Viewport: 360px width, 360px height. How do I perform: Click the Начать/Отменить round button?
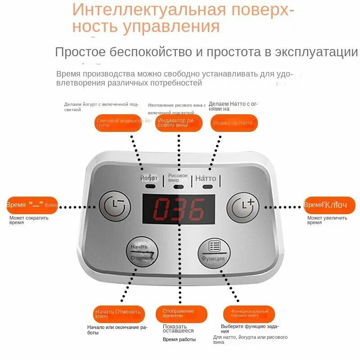pyautogui.click(x=142, y=252)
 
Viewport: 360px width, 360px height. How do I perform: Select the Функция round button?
pyautogui.click(x=214, y=252)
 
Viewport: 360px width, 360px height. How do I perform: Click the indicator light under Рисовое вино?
pyautogui.click(x=178, y=186)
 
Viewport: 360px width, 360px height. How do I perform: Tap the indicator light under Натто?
pyautogui.click(x=207, y=186)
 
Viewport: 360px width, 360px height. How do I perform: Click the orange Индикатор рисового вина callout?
pyautogui.click(x=179, y=123)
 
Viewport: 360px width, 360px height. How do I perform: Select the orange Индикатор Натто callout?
pyautogui.click(x=234, y=123)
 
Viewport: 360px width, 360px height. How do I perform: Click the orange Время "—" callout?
pyautogui.click(x=31, y=205)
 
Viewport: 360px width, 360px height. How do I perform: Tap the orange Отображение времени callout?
pyautogui.click(x=181, y=314)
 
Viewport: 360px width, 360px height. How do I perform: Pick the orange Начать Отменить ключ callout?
pyautogui.click(x=119, y=314)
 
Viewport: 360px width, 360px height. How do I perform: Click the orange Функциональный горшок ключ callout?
pyautogui.click(x=249, y=314)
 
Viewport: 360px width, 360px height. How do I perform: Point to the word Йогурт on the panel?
pyautogui.click(x=149, y=178)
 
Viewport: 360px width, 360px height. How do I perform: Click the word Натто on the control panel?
pyautogui.click(x=206, y=178)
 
